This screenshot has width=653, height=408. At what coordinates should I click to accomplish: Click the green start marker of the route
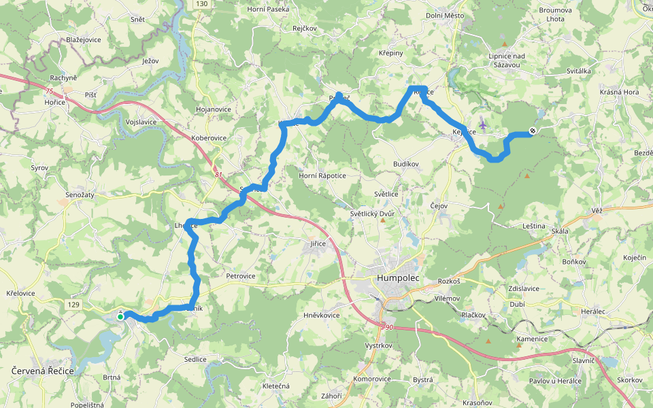(120, 316)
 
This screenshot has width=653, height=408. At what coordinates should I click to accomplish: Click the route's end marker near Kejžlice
(533, 131)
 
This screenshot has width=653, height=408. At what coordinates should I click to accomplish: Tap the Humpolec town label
(397, 278)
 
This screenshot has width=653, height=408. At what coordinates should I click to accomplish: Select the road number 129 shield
(74, 307)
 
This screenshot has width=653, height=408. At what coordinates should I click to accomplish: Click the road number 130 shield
(201, 4)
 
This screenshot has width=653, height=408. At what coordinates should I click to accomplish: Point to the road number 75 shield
(47, 90)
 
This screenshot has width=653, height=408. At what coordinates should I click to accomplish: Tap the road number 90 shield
(389, 328)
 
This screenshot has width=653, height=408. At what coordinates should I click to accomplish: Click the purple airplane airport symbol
(483, 124)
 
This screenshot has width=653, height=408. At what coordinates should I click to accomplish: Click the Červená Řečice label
(43, 371)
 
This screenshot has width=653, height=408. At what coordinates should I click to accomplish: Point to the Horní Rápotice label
(322, 175)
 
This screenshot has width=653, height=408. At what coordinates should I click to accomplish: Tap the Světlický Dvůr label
(372, 214)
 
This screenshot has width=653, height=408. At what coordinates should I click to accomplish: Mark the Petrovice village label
(241, 276)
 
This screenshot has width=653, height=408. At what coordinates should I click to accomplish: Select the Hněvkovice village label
(321, 315)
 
